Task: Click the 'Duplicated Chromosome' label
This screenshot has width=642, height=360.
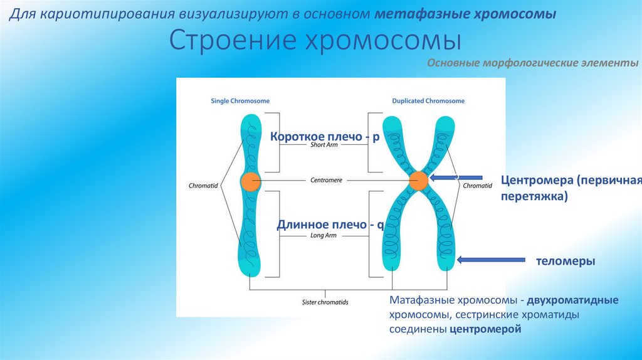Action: [428, 100]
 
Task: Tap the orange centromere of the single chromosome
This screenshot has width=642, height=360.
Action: [250, 181]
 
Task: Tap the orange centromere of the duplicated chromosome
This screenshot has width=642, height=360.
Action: [418, 181]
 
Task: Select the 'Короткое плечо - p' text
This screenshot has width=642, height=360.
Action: [325, 137]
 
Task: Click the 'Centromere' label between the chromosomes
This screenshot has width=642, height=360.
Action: [326, 180]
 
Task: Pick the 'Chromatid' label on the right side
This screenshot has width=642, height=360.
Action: [477, 186]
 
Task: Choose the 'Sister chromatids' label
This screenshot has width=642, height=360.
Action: [325, 302]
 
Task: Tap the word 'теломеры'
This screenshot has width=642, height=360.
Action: [565, 261]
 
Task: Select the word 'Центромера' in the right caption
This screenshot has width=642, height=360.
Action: [537, 181]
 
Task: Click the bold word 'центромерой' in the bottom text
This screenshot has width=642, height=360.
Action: [485, 328]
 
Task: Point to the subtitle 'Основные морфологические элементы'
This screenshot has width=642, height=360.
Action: [533, 63]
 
